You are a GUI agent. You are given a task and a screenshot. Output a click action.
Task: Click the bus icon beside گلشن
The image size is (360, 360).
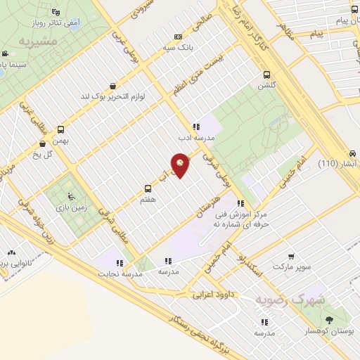tap(266, 75)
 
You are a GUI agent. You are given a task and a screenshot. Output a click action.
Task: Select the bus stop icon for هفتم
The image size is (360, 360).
tap(148, 188)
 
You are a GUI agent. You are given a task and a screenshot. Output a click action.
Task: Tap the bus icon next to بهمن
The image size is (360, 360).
tap(61, 129)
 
